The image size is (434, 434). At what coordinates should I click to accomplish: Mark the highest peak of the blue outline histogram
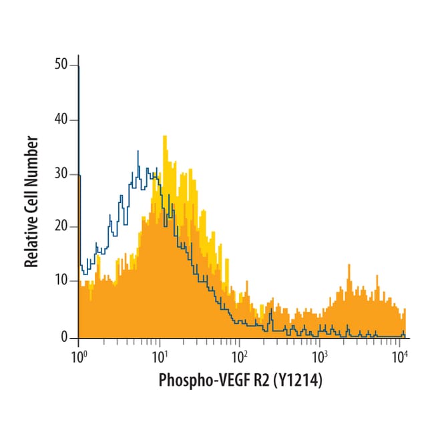pos(138,152)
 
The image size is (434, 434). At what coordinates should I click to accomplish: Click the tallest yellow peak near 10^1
pos(164,137)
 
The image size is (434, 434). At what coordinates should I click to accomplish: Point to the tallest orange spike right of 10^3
pos(349,265)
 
